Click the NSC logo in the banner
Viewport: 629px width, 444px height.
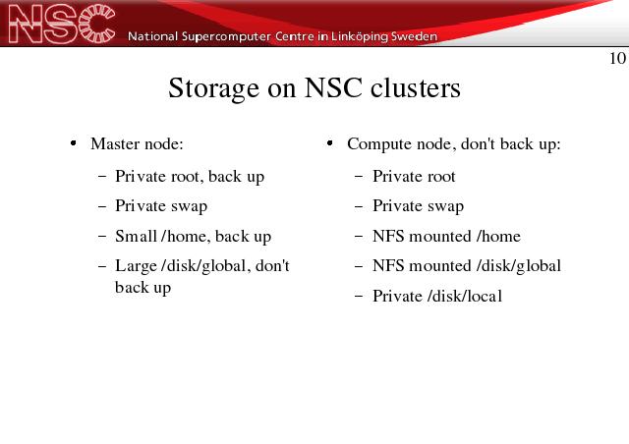[x=61, y=24]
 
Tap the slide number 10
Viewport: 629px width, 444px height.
[x=617, y=59]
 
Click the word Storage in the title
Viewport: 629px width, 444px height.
[x=214, y=88]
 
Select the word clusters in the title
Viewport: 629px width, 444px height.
[x=415, y=87]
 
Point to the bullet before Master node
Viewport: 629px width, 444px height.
[x=73, y=143]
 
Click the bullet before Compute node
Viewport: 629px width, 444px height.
[x=330, y=143]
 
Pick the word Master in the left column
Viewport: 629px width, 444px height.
[x=116, y=143]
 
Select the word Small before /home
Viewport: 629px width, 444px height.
[x=136, y=236]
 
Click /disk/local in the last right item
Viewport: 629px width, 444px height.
[x=465, y=296]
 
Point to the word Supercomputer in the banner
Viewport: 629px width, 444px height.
[x=226, y=37]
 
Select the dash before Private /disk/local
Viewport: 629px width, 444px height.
[x=359, y=297]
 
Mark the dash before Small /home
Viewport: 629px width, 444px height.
[x=102, y=236]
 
